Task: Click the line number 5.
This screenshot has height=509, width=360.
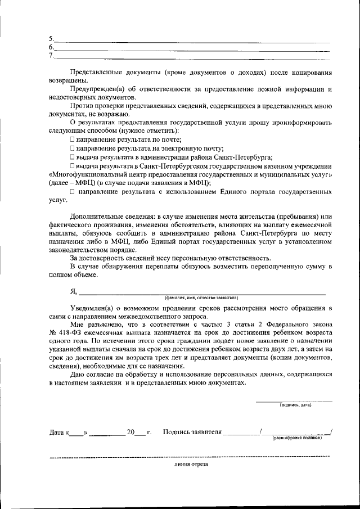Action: coord(51,39)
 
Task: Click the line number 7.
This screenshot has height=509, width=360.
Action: coord(51,55)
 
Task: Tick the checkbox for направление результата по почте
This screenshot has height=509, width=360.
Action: coord(73,138)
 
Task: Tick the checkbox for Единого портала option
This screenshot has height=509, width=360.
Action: coord(73,192)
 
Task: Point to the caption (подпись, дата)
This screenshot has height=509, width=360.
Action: coord(296,404)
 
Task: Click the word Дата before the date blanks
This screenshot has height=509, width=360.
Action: coord(57,433)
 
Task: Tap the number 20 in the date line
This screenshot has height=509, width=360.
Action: coord(131,433)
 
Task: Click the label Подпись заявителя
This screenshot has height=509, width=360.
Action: coord(192,433)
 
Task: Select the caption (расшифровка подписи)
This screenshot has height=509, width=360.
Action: coord(296,438)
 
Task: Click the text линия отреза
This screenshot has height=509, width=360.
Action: coord(191,465)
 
